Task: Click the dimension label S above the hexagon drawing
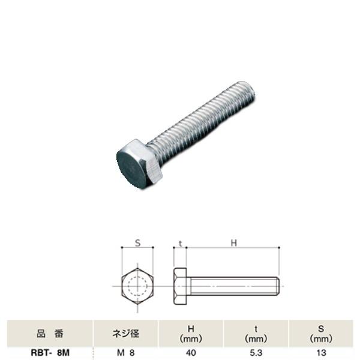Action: pos(137,243)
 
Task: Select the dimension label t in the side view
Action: pos(181,243)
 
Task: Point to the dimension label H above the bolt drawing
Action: pos(234,242)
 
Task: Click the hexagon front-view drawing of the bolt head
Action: pos(137,286)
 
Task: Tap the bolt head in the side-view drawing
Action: pos(181,286)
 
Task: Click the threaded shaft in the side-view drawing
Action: pos(234,286)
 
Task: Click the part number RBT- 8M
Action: pos(50,353)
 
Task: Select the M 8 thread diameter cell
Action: pos(125,353)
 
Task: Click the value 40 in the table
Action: pos(191,353)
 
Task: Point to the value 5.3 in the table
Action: pos(256,353)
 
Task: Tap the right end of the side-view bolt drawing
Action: pos(278,286)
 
